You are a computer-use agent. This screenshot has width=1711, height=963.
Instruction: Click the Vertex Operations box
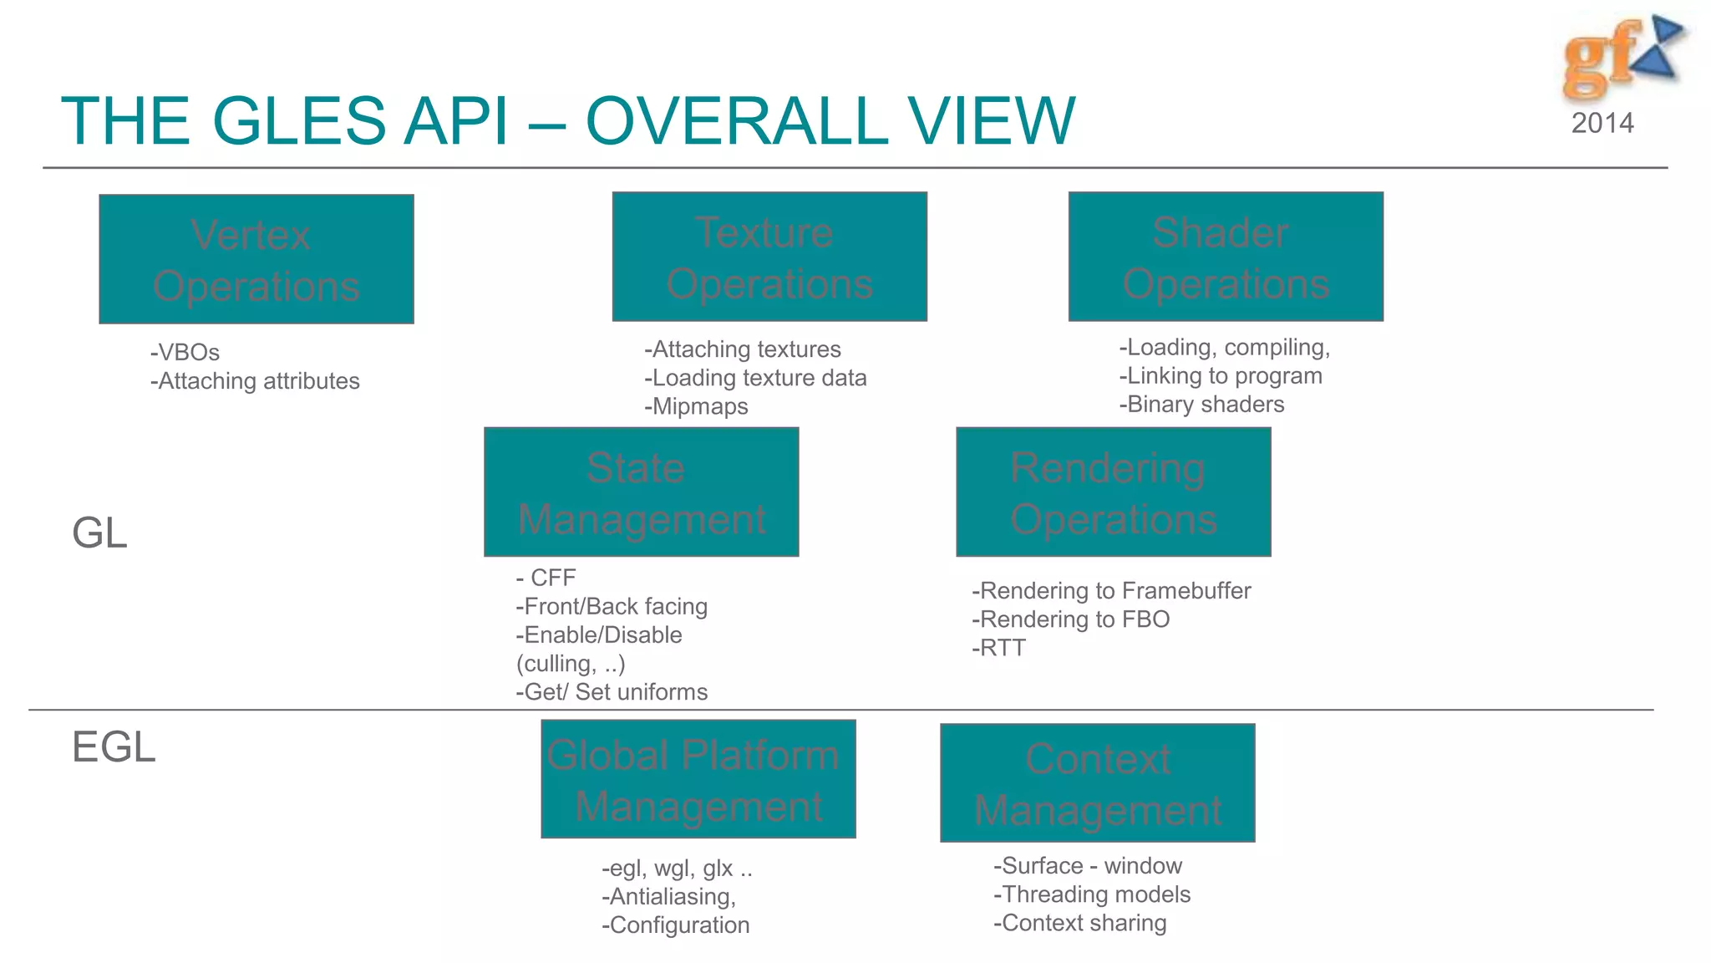point(256,259)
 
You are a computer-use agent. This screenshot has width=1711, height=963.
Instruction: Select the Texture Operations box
point(769,257)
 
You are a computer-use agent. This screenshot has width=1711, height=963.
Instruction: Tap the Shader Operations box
point(1226,257)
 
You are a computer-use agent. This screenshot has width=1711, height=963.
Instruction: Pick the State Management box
point(641,492)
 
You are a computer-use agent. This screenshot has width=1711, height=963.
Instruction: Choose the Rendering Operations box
point(1113,492)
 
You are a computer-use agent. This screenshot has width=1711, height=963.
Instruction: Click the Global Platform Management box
point(698,779)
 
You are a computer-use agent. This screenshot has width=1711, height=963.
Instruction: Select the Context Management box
point(1097,783)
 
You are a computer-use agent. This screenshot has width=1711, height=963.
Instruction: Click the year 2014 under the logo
point(1602,123)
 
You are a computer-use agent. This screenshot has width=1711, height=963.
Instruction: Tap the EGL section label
point(114,746)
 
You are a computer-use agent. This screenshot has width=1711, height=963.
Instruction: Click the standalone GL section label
point(99,532)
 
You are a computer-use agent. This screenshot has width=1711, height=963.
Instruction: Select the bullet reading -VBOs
point(185,352)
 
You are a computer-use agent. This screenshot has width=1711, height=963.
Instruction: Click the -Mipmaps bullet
point(696,406)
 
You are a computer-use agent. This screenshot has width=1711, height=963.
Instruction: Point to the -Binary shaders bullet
point(1201,405)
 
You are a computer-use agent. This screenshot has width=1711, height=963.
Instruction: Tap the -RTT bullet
point(998,648)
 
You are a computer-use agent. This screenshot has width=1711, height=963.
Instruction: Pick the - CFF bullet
point(546,578)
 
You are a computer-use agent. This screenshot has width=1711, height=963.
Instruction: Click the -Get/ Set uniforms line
point(612,692)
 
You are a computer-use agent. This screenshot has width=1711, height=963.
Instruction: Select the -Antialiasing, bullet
point(668,897)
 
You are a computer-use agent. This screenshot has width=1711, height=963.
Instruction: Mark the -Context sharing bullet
point(1079,923)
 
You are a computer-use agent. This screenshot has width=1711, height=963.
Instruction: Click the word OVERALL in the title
point(736,121)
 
